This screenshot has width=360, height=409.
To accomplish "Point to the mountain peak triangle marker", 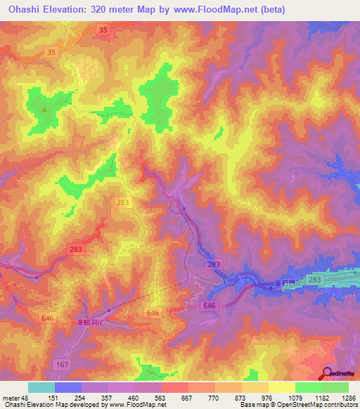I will click(44, 109).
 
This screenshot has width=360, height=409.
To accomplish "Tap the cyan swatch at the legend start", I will click(41, 387).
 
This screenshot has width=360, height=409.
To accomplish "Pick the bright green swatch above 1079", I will click(308, 387).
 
